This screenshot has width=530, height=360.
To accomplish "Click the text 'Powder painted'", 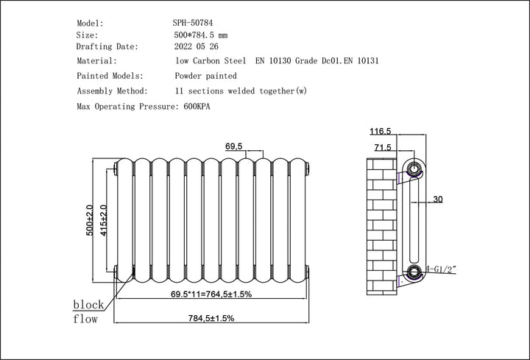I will coord(205,76).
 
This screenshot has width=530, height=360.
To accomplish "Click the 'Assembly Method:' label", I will coord(113,91).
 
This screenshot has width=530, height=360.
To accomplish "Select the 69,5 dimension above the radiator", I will coord(233,147).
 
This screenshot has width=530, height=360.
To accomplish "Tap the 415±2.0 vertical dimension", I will coord(104,219).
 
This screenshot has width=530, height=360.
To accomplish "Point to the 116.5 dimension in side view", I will coord(381,131).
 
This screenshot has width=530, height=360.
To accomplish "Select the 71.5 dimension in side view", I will coord(383,148).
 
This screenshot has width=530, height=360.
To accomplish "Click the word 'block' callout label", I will coord(88,305).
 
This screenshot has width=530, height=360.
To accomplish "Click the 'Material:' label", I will coord(96,61).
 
